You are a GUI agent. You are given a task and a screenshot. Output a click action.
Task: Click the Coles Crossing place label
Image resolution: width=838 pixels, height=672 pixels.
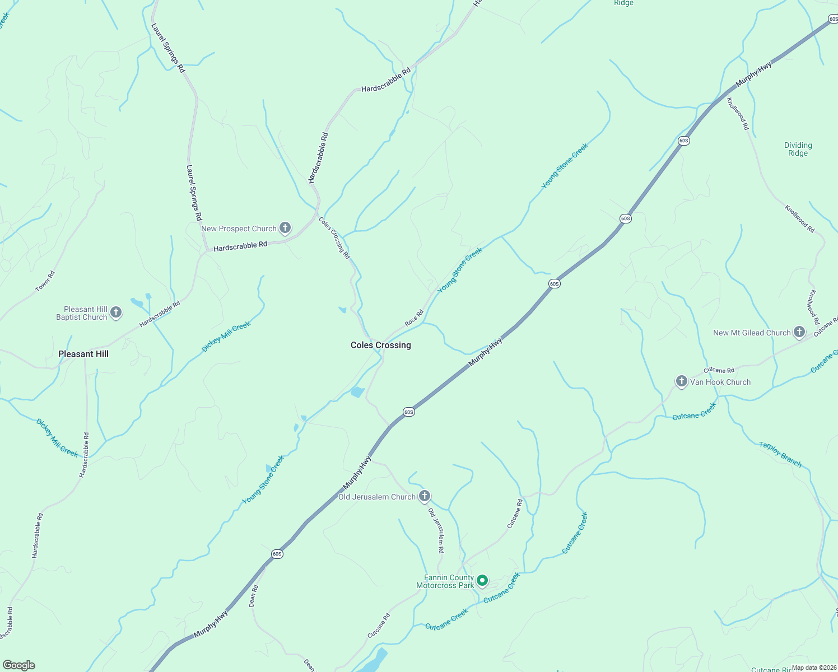(x=381, y=345)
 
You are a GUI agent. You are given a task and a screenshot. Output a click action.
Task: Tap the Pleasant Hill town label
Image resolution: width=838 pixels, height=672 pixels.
(x=83, y=354)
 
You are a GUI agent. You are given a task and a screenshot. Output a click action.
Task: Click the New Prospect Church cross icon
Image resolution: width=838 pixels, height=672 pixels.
(x=285, y=228)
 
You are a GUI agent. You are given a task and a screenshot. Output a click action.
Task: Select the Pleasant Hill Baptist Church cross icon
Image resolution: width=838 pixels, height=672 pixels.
(x=116, y=312)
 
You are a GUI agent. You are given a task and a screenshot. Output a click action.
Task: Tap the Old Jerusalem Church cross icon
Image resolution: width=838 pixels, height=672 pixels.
(x=425, y=496)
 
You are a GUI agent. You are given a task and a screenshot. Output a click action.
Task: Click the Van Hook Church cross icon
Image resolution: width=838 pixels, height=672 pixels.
(x=681, y=382)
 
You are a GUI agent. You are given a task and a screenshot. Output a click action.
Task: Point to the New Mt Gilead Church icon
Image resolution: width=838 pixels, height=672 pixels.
(x=799, y=332)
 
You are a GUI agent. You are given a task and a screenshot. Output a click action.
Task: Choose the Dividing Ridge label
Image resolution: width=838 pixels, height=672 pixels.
(x=798, y=149)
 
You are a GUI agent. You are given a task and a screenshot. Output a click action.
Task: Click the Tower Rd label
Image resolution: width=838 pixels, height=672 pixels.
(x=45, y=281)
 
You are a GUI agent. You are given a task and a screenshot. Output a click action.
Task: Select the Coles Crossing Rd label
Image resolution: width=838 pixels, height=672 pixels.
(x=334, y=237)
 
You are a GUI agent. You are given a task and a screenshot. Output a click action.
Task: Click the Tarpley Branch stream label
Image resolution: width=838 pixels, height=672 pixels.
(x=780, y=454)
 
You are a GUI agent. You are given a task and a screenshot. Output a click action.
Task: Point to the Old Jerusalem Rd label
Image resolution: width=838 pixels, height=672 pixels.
(x=436, y=531)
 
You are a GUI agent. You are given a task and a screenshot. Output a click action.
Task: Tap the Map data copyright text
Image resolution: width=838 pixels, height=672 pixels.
(x=814, y=668)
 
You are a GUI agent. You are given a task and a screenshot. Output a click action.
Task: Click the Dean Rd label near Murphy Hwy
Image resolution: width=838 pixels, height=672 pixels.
(x=254, y=596)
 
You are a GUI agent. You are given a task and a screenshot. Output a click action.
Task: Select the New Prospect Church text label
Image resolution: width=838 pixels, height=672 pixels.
(x=239, y=228)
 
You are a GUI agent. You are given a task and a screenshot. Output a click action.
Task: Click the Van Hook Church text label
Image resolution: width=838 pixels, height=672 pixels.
(x=720, y=382)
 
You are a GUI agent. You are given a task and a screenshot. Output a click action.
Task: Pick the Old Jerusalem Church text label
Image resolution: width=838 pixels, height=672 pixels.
(x=377, y=497)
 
